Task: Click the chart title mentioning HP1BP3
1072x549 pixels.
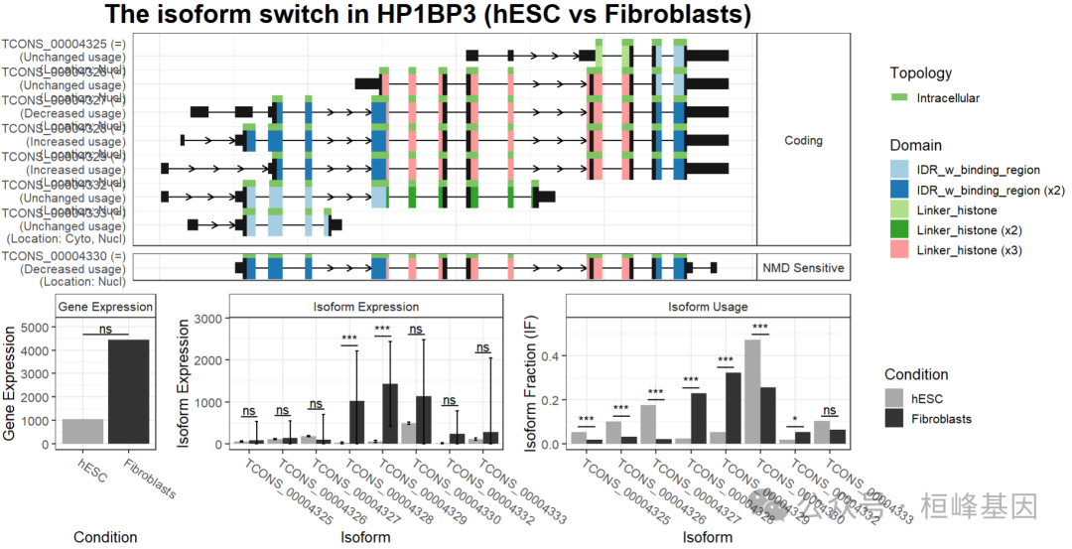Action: (428, 15)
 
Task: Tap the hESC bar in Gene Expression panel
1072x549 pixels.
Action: (83, 431)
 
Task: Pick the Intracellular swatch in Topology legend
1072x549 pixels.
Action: (899, 98)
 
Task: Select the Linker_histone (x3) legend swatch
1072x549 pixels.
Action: (899, 250)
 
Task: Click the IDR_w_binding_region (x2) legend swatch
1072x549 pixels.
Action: (899, 191)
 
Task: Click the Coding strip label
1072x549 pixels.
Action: (803, 140)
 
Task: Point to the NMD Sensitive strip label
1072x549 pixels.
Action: (803, 268)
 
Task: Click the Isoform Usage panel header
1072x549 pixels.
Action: (709, 307)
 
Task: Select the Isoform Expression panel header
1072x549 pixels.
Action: (372, 307)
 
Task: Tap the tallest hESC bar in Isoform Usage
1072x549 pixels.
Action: (752, 391)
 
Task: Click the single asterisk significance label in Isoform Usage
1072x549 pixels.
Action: (794, 420)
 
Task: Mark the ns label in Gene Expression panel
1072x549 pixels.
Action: (106, 329)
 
